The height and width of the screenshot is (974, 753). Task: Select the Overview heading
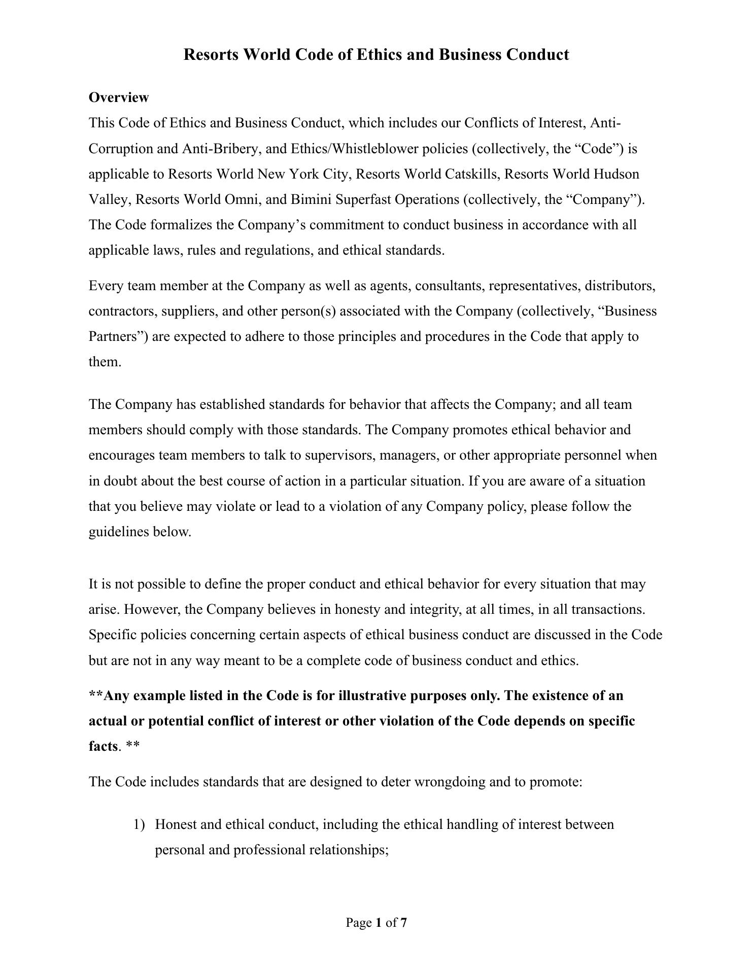(x=119, y=97)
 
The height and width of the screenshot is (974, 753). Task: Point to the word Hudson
(x=617, y=174)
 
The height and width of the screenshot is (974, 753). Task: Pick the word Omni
(x=241, y=199)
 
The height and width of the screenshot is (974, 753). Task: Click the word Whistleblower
(x=376, y=149)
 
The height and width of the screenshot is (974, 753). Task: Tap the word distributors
(x=620, y=286)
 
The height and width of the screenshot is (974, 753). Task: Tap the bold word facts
(x=103, y=746)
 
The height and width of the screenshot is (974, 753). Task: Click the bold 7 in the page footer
(x=403, y=923)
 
